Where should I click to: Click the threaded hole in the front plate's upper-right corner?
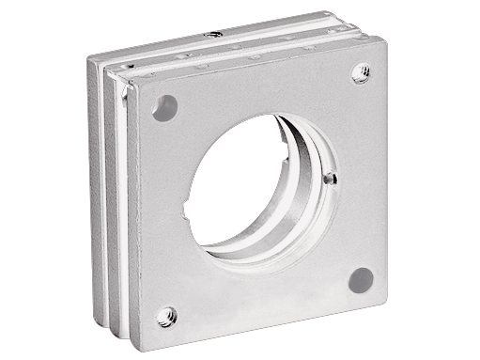point(361,70)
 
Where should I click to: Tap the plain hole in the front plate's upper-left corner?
point(164,103)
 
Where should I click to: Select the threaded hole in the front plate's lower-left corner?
point(167,314)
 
